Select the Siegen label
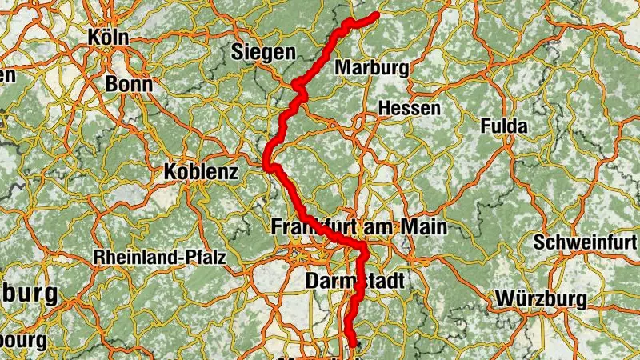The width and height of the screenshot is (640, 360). (x=263, y=53)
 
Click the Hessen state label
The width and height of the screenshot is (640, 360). (x=409, y=108)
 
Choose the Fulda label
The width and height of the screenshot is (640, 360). (x=503, y=126)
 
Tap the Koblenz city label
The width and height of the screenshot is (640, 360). (x=201, y=172)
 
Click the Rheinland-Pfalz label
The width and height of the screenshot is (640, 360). (x=160, y=258)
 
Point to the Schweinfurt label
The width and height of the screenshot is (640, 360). (x=587, y=242)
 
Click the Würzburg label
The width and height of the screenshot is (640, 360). (x=541, y=299)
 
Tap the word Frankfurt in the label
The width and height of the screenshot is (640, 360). (x=314, y=227)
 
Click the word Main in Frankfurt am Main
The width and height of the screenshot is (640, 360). (x=424, y=227)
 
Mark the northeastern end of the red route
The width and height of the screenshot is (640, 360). (x=375, y=15)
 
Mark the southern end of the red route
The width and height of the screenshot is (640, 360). (x=352, y=346)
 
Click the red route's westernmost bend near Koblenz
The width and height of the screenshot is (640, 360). (x=266, y=165)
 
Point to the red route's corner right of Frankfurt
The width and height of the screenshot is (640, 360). (x=364, y=250)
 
